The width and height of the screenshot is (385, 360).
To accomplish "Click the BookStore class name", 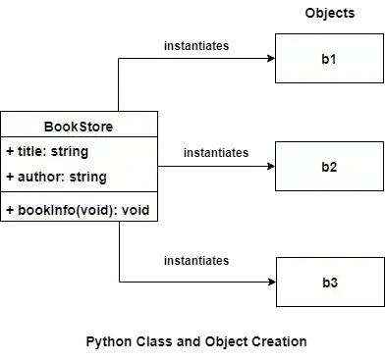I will (x=79, y=127).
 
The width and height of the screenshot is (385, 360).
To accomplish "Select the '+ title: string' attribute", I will (x=47, y=152).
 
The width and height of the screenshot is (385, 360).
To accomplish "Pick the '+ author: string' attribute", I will (x=55, y=178).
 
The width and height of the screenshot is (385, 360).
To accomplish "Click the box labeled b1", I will (x=329, y=60).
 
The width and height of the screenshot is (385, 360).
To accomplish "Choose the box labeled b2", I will (x=329, y=167).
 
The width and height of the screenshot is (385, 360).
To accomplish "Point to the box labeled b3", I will (x=329, y=282).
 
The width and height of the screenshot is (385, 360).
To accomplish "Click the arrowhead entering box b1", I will (x=268, y=58).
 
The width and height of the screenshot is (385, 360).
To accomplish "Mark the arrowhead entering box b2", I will (x=268, y=168).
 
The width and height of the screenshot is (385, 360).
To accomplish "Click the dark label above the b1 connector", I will (x=196, y=47).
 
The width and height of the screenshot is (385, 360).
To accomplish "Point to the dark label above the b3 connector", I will (x=196, y=259).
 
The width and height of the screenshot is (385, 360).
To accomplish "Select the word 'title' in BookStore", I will (x=31, y=152).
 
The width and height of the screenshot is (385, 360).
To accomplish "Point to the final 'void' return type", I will (x=136, y=209).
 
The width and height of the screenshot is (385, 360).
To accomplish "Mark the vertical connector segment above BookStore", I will (x=120, y=83).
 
